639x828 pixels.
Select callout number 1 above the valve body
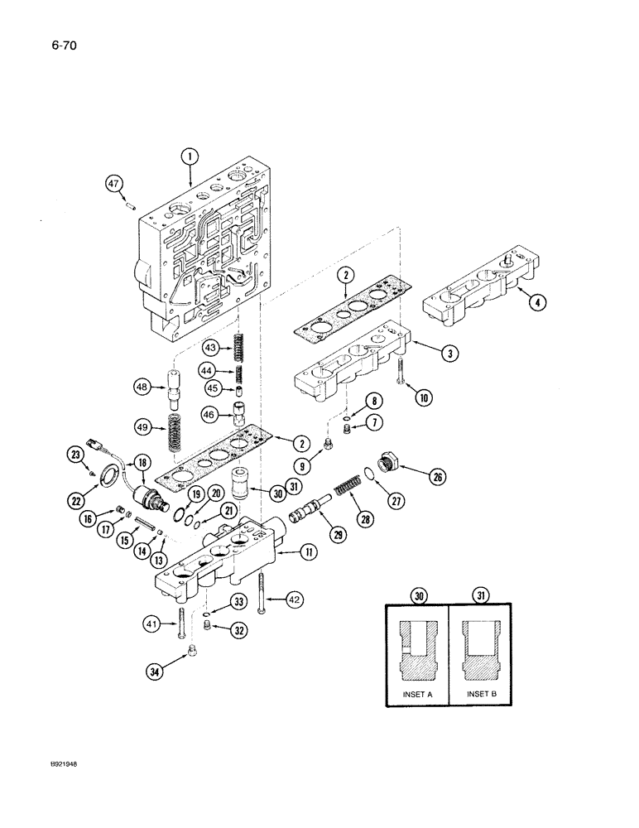click(x=190, y=156)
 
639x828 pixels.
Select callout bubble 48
click(x=142, y=386)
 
